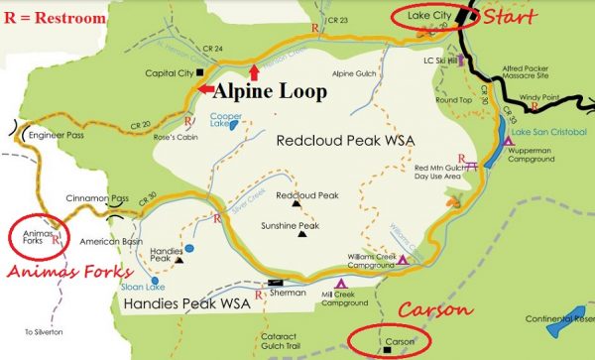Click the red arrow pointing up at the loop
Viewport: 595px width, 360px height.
pos(255,71)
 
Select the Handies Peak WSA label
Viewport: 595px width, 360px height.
pos(185,301)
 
